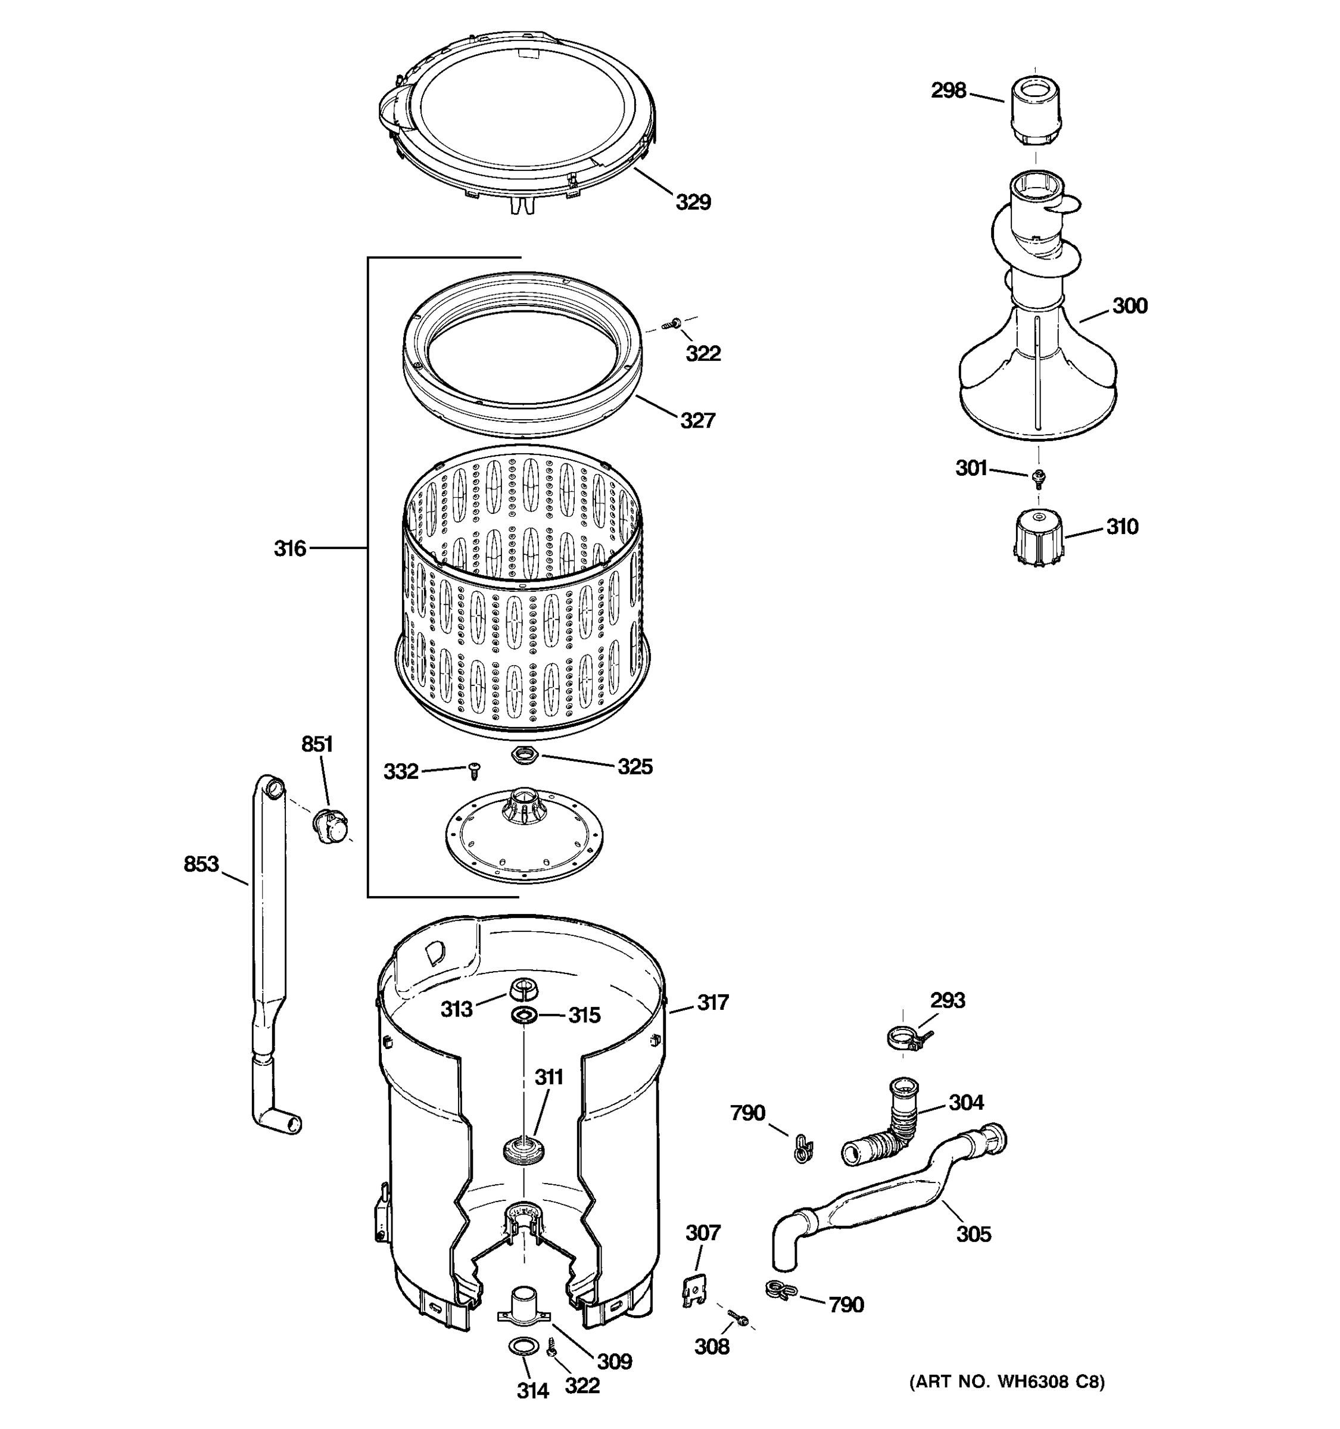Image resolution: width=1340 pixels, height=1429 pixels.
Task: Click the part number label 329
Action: [693, 202]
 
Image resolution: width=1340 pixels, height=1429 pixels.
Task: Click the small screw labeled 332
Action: [473, 770]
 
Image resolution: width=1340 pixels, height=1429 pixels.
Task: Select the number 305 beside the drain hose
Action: [973, 1234]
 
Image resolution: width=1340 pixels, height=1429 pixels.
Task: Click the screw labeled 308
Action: [738, 1318]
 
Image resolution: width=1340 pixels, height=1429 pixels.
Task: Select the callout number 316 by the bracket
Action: [289, 548]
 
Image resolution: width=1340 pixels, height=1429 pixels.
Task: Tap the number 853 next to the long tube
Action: [201, 863]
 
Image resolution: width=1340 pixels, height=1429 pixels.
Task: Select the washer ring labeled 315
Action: [523, 1015]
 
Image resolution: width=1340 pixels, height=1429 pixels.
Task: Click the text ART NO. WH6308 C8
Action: [1006, 1381]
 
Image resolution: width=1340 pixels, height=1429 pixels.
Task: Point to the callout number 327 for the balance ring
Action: [697, 420]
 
